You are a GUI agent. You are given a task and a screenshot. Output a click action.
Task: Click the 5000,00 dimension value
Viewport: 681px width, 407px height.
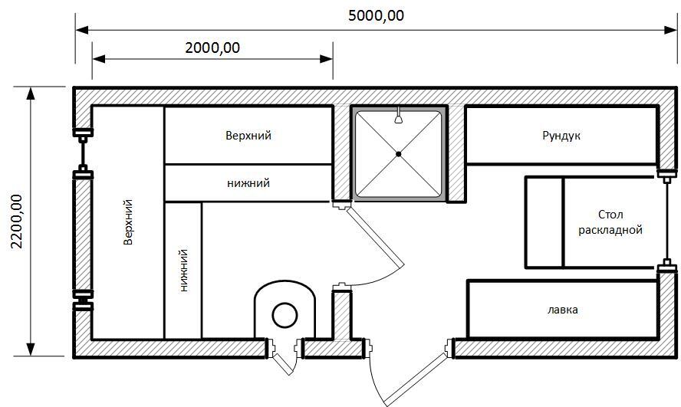[x=376, y=15]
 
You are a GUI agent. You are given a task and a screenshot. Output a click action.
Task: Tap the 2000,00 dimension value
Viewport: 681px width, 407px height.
[x=212, y=48]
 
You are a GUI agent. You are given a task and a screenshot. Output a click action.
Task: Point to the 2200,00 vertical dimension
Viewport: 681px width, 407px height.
[x=17, y=222]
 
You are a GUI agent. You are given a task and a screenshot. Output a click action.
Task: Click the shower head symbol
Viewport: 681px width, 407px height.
[x=398, y=117]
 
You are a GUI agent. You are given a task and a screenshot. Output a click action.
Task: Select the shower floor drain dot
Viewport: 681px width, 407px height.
[x=398, y=153]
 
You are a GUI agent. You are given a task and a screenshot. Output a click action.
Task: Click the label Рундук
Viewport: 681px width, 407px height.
[x=561, y=136]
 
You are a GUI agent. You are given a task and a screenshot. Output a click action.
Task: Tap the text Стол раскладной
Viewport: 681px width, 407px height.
[x=610, y=222]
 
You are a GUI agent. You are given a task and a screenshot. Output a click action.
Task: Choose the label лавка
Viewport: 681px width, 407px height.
[x=562, y=310]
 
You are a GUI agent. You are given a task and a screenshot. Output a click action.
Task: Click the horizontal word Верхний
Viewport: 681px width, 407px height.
[x=248, y=136]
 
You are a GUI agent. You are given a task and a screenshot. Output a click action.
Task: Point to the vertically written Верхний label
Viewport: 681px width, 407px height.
[x=127, y=222]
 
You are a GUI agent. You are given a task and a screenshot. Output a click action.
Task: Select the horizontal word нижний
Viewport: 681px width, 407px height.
[x=248, y=183]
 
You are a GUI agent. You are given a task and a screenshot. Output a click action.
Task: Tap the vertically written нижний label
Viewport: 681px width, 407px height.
[x=183, y=271]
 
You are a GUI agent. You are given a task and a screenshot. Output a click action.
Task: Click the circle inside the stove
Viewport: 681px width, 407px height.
[x=285, y=316]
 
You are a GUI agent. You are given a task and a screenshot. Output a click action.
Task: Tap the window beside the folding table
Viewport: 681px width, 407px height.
[x=666, y=222]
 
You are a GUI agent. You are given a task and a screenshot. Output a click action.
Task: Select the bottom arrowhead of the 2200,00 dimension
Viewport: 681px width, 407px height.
[x=31, y=350]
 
